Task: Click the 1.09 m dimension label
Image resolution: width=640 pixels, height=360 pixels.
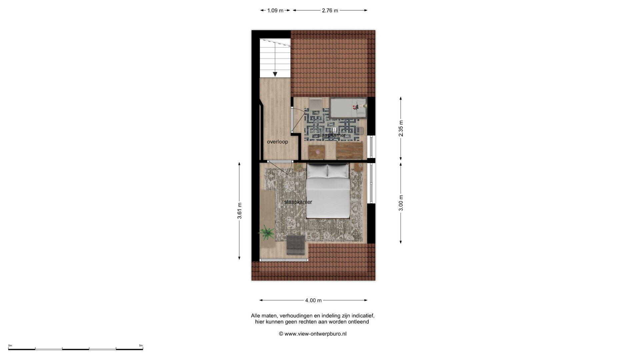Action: [275, 10]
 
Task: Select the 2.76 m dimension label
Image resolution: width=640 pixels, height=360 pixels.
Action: [330, 10]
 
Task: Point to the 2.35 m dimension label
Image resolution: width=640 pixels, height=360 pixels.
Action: [401, 128]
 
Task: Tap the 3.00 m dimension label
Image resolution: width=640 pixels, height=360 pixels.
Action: [401, 203]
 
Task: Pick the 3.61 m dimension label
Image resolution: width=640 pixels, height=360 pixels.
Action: [239, 211]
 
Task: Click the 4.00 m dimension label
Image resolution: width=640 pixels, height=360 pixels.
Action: [313, 300]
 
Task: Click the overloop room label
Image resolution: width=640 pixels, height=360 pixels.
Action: [277, 142]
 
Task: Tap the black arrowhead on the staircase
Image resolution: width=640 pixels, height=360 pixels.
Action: [275, 74]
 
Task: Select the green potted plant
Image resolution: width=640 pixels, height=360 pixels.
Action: [267, 232]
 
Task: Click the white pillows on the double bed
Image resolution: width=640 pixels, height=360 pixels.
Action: [327, 171]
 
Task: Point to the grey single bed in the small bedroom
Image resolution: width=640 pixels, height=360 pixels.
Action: [348, 108]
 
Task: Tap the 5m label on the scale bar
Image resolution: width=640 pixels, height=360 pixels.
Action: [141, 345]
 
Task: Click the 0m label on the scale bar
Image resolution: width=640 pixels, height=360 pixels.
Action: [10, 345]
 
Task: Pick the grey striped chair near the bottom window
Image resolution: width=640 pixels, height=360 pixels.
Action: [296, 245]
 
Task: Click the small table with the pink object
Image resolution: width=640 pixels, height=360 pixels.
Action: [316, 152]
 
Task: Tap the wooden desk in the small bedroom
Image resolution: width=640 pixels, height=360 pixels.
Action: [349, 151]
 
